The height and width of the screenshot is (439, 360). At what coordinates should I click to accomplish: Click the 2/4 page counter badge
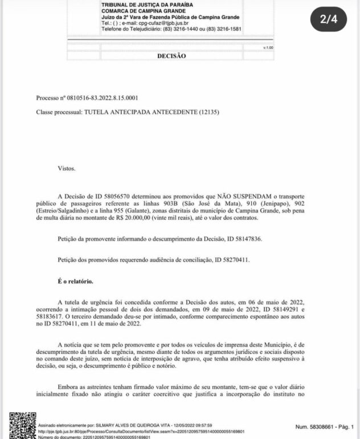pos(329,19)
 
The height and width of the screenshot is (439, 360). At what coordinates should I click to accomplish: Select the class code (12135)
pos(208,112)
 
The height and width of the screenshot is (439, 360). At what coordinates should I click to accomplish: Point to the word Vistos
pos(66,168)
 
